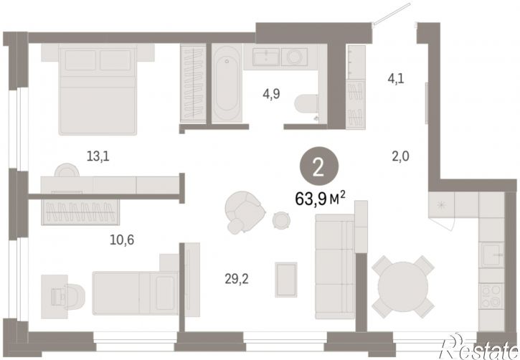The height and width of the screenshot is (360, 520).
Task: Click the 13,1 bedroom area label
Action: [x=98, y=156]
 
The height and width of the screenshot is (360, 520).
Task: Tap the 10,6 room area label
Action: [x=122, y=240]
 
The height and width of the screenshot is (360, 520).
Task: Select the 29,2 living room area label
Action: [x=237, y=279]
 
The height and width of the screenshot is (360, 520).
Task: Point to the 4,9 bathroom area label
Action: [x=271, y=94]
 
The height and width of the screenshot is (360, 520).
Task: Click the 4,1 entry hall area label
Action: [x=396, y=79]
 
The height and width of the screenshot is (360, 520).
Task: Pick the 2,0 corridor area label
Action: [x=401, y=156]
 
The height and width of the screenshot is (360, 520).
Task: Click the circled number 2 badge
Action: [x=319, y=168]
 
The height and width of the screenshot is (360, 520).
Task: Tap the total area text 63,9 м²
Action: [x=320, y=199]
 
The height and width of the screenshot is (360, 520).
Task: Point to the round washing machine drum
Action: [x=294, y=57]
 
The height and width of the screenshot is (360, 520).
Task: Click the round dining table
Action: [x=402, y=286]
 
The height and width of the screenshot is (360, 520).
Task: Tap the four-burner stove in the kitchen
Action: [x=491, y=296]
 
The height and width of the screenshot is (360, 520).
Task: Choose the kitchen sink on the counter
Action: [x=492, y=255]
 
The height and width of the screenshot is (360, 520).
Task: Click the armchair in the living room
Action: [x=245, y=213]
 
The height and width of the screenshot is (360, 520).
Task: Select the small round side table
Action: [x=281, y=220]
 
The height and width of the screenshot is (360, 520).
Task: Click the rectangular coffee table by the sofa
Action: [x=286, y=280]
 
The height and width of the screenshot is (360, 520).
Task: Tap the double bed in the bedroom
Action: [x=98, y=90]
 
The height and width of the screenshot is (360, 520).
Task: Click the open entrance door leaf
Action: [x=392, y=13]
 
